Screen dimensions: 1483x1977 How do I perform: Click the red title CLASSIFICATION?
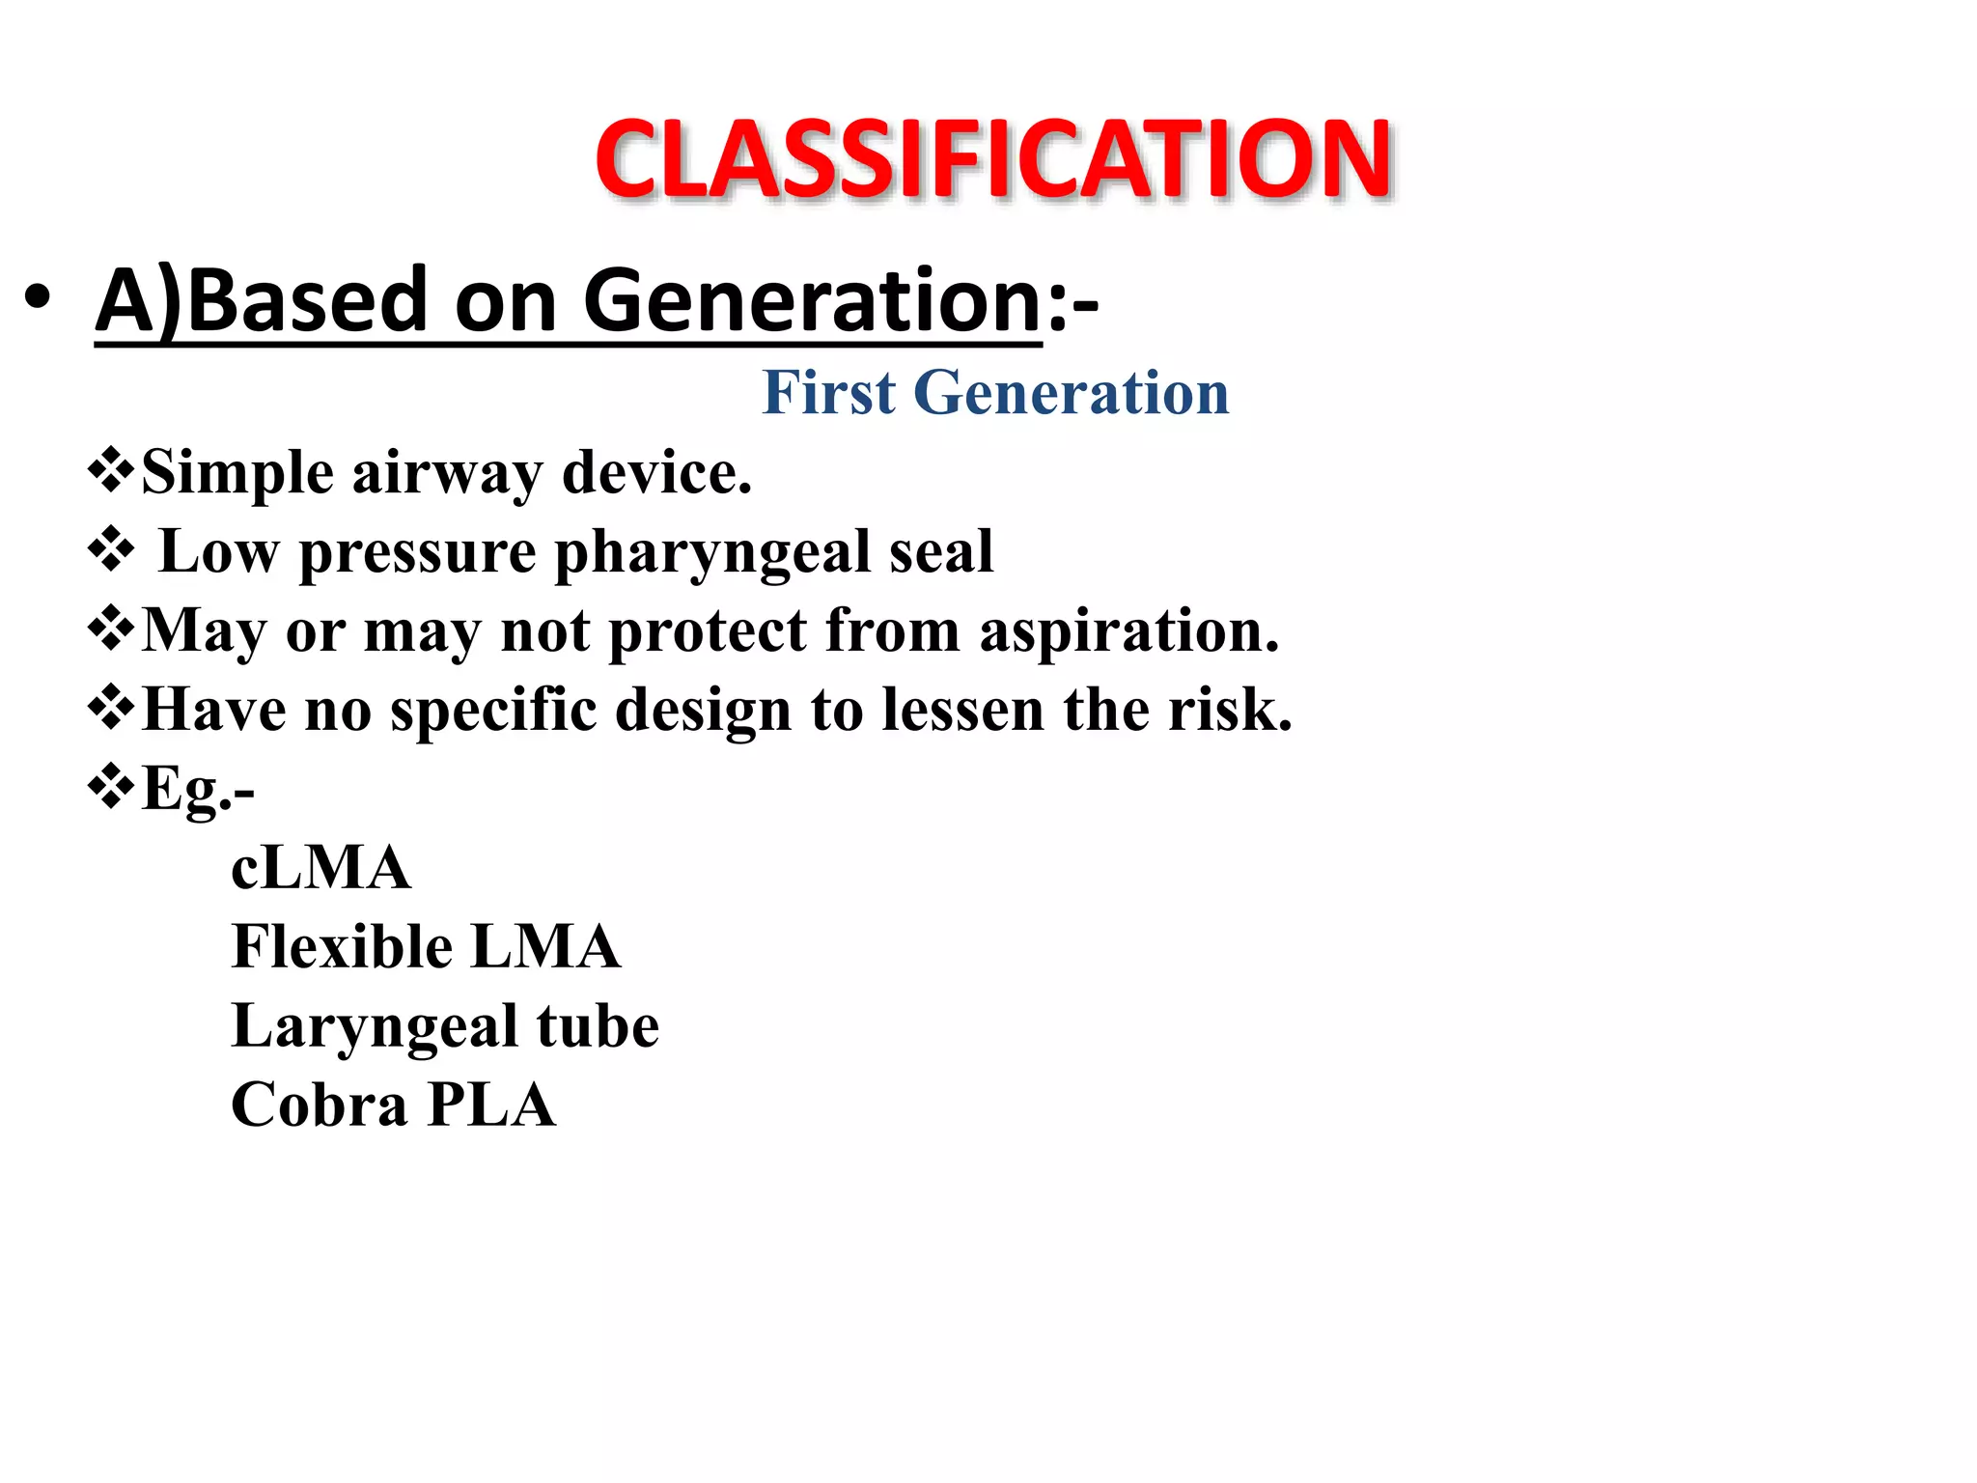(x=993, y=159)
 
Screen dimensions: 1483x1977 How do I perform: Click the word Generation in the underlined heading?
(x=811, y=300)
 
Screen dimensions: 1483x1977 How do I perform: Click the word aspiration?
(x=1128, y=631)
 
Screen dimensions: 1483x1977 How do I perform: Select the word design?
(x=704, y=711)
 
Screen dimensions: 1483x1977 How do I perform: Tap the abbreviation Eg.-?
(x=198, y=789)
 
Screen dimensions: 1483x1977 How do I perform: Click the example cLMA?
(x=320, y=868)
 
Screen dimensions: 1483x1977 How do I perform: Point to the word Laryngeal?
(x=375, y=1025)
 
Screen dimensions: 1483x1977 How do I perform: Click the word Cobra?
(x=319, y=1105)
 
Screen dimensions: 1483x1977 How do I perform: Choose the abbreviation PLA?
(x=490, y=1105)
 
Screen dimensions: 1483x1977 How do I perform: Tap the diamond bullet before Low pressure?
(x=111, y=550)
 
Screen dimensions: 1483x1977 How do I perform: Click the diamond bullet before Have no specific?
(x=111, y=708)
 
